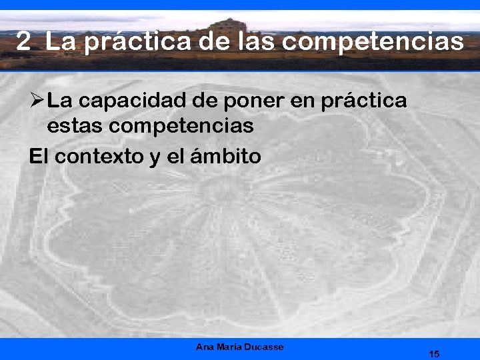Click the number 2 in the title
tap(23, 43)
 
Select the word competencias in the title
tap(373, 43)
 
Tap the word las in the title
tap(257, 43)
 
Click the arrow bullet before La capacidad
tap(36, 101)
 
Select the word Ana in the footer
tap(204, 347)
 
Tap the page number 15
tap(434, 354)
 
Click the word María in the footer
tap(229, 347)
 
